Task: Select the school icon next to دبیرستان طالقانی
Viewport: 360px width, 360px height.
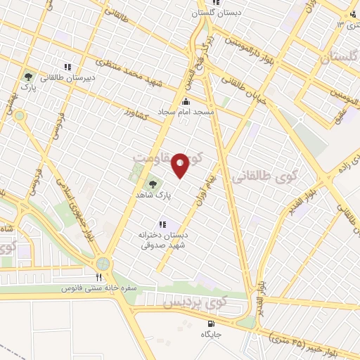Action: (x=67, y=67)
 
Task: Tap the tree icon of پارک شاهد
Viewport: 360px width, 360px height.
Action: (x=150, y=185)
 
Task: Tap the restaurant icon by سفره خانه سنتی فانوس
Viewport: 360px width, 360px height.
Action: (x=98, y=277)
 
